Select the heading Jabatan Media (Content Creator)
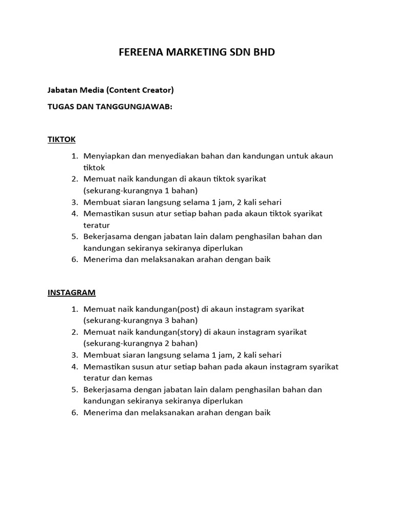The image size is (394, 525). pyautogui.click(x=111, y=90)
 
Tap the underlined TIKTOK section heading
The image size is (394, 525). pyautogui.click(x=62, y=139)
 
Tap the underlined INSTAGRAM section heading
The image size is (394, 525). pyautogui.click(x=71, y=293)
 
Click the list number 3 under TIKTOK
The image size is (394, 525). pyautogui.click(x=74, y=202)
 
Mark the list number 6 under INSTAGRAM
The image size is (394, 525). pyautogui.click(x=74, y=412)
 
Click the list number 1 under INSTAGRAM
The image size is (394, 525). pyautogui.click(x=74, y=309)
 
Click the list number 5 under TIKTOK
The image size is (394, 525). pyautogui.click(x=74, y=236)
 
